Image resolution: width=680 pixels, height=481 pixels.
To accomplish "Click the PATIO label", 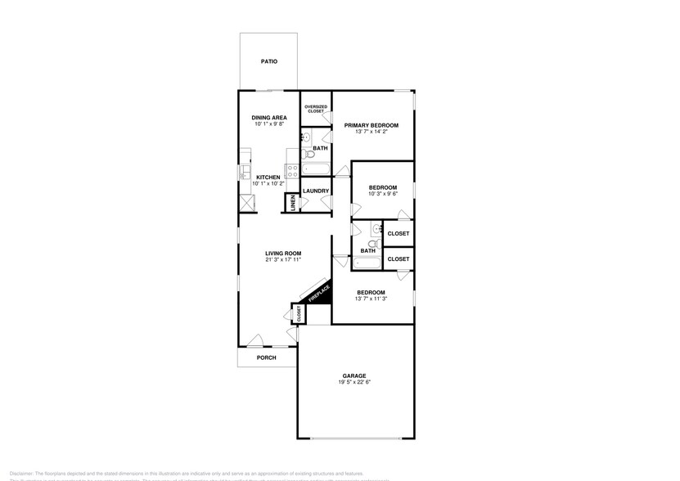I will [x=268, y=61].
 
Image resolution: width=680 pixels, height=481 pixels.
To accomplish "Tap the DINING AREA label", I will [x=268, y=118].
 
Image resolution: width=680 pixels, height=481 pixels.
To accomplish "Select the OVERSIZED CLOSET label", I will [x=316, y=108].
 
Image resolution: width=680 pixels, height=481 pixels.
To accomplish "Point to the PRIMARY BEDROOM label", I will [x=371, y=125].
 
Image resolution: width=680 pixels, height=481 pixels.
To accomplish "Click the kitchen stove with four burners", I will [x=291, y=172].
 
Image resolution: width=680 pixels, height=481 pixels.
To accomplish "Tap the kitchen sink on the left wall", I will [x=244, y=173].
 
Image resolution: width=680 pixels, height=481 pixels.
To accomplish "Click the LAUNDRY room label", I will [x=316, y=191].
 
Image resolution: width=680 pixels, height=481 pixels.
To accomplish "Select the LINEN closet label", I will [x=292, y=204].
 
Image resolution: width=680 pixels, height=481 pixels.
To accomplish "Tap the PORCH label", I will [x=266, y=357].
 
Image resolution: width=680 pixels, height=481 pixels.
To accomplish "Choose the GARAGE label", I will [x=354, y=376].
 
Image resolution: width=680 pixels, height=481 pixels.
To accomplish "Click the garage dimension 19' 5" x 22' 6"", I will [x=354, y=383].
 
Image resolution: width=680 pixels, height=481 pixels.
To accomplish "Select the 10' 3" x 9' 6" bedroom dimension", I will [x=382, y=194].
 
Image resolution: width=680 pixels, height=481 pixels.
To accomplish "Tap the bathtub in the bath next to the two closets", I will [x=367, y=263].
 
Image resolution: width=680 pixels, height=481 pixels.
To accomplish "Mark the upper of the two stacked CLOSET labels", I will [x=399, y=234].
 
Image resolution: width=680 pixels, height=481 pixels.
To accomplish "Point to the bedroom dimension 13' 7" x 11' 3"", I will [x=371, y=299].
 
